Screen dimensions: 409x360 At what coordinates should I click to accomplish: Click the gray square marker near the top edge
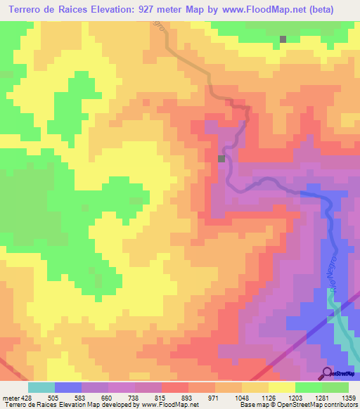(x=283, y=39)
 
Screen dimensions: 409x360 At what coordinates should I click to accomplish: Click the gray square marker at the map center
(x=222, y=159)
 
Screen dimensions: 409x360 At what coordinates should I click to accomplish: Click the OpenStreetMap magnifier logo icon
(x=327, y=373)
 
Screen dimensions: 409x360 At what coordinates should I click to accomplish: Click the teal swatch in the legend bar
(x=41, y=387)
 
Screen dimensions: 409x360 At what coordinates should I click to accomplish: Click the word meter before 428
(x=11, y=397)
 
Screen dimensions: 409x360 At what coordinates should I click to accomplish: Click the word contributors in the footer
(x=340, y=405)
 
